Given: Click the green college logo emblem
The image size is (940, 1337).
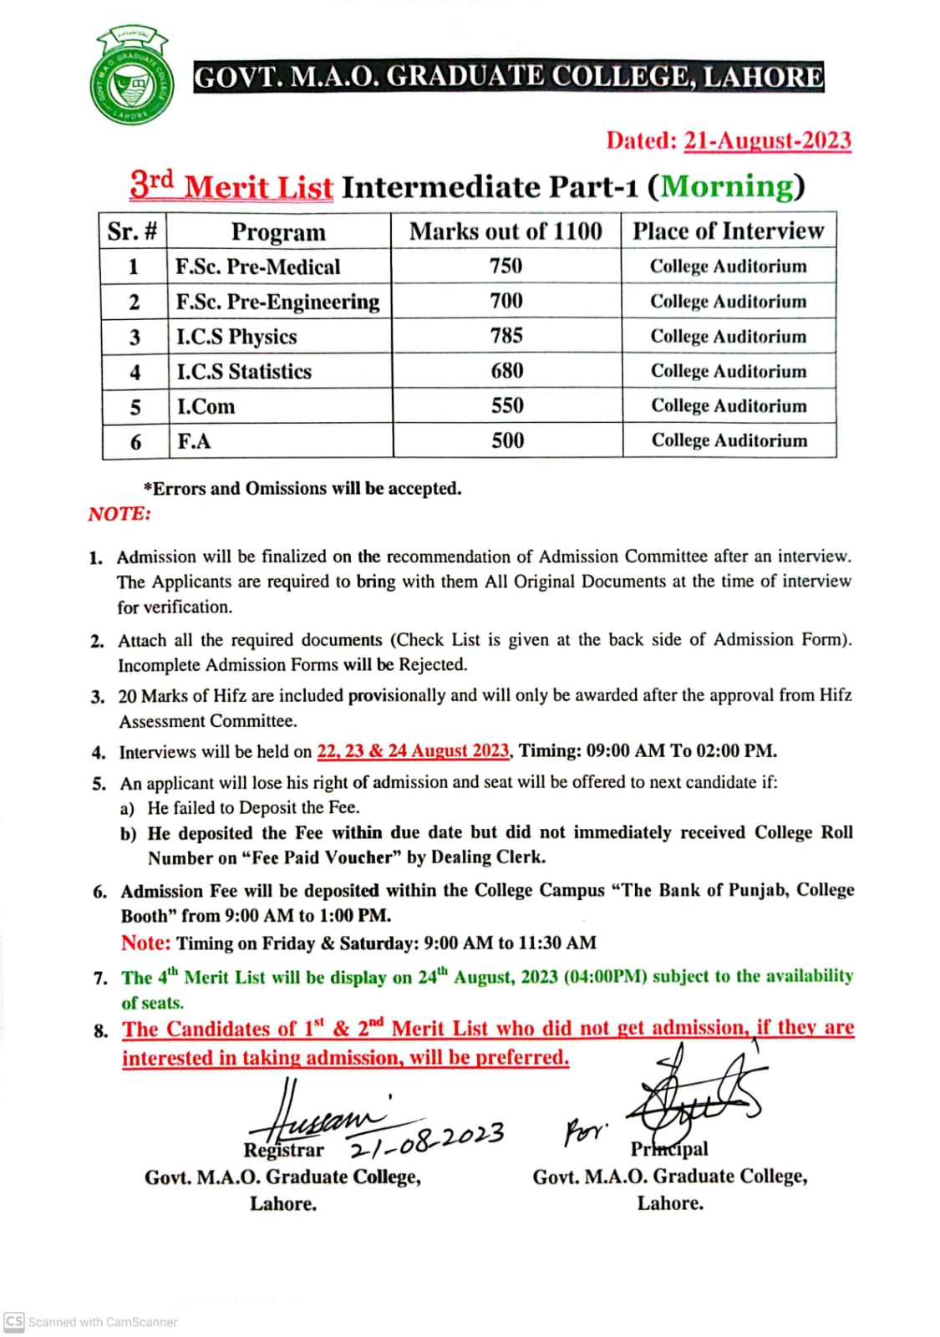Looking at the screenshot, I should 132,77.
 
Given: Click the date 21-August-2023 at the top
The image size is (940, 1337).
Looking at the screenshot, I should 767,140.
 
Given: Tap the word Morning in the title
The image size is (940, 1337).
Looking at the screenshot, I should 727,186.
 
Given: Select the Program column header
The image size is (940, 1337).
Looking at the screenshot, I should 278,231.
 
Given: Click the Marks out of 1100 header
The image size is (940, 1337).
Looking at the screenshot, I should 506,231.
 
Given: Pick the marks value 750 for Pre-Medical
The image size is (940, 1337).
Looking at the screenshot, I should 506,266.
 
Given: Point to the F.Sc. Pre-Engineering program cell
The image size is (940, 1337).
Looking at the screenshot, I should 277,302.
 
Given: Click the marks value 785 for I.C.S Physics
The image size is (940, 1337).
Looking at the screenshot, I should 506,336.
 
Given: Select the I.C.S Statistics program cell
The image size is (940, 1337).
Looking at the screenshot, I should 244,371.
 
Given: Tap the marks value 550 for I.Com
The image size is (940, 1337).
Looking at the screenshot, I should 507,406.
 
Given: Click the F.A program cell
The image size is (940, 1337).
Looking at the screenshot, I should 194,441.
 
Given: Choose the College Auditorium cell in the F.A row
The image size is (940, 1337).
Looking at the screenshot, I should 729,440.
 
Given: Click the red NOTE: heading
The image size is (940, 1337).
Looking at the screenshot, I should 119,514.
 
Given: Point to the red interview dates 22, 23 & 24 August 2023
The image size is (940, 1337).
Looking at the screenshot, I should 413,750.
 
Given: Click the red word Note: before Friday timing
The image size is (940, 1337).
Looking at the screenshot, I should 145,943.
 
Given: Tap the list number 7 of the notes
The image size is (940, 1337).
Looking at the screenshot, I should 100,978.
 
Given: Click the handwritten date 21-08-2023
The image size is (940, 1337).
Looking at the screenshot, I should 426,1139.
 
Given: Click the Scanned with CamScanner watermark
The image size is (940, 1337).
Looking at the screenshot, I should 92,1322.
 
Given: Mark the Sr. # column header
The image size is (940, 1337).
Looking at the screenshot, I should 132,231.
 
